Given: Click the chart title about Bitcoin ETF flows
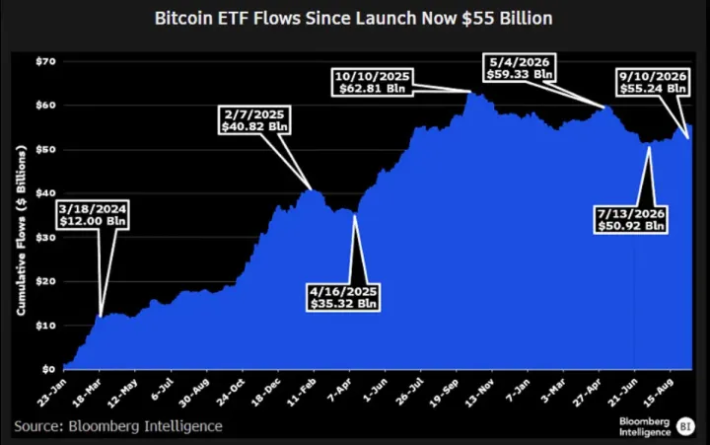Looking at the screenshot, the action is tap(353, 19).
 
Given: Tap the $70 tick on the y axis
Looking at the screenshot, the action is tap(45, 61).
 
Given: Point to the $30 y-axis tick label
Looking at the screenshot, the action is tap(45, 238).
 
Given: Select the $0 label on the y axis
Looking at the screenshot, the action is tap(48, 369).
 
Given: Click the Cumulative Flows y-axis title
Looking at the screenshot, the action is tap(22, 230).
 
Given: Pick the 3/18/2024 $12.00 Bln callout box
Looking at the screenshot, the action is tap(94, 215).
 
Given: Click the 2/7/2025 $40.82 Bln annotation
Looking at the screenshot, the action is tap(254, 120).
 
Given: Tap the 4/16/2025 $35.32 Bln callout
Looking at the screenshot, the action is tap(343, 297).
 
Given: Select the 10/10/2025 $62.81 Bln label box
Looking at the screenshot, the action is tap(372, 82).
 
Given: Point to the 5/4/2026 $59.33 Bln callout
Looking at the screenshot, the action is tap(520, 68).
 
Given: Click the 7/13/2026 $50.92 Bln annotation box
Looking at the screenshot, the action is tap(631, 220).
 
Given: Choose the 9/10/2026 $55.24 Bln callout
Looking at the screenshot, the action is tap(653, 82).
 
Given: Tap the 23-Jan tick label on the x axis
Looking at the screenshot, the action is tap(51, 393).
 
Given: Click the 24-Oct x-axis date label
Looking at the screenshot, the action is tap(230, 393).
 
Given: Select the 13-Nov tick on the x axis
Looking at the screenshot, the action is tap(479, 393).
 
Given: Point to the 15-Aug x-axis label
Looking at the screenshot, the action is tap(658, 393).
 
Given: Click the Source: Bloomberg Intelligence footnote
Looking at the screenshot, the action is tap(118, 426).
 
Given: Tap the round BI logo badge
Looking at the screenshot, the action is tap(685, 426).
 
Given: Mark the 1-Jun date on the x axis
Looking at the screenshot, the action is tap(376, 390).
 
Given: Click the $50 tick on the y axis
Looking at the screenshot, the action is tap(45, 150).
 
